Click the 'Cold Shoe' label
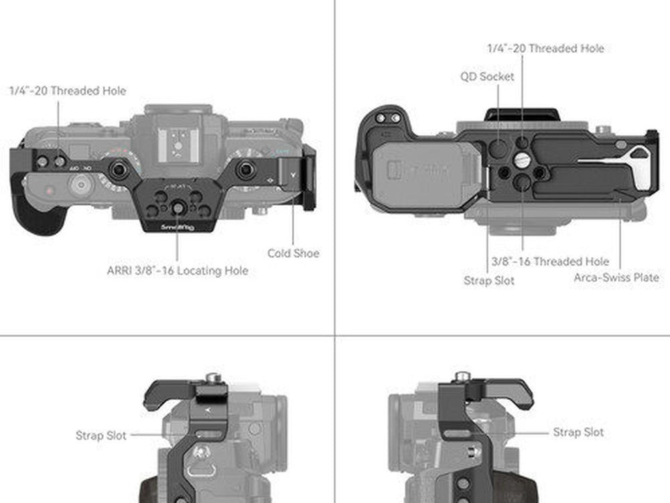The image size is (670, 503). [293, 253]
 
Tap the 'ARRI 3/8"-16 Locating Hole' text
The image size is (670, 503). [178, 271]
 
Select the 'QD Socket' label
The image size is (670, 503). [486, 76]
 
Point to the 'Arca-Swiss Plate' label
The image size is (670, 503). [616, 277]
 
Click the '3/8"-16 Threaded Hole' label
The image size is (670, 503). [550, 261]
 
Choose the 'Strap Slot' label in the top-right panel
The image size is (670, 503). [489, 281]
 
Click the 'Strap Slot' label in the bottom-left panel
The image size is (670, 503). [101, 435]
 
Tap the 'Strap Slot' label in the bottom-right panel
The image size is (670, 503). [578, 432]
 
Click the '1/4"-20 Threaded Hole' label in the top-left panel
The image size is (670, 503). [68, 90]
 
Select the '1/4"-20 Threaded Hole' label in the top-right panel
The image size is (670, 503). [545, 48]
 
